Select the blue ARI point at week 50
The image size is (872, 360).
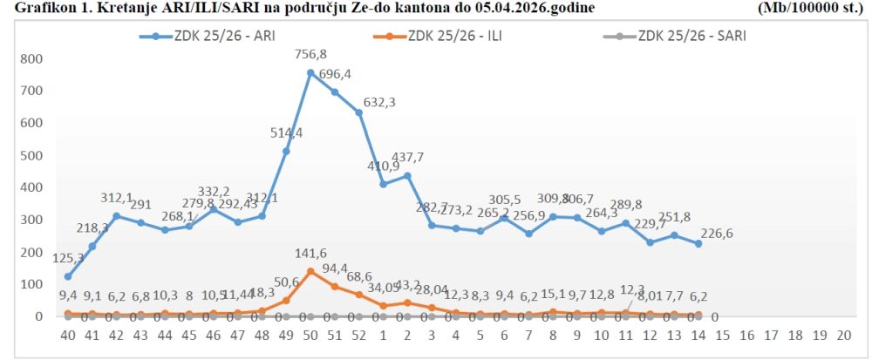[310, 72]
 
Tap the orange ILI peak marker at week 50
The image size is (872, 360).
[310, 271]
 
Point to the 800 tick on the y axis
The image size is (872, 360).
[31, 59]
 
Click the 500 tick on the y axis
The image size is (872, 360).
[31, 155]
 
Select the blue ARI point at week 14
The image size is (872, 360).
[698, 244]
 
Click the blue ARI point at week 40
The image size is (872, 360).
[68, 276]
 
